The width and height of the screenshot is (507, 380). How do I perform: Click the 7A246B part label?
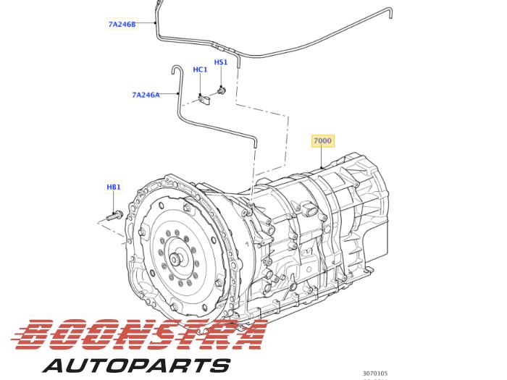tap(122, 24)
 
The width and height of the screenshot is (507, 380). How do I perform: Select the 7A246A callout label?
tap(146, 95)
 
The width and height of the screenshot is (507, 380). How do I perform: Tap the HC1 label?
tap(200, 69)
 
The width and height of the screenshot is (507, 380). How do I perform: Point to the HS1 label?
tap(221, 62)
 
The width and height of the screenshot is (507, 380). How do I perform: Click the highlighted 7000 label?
tap(322, 140)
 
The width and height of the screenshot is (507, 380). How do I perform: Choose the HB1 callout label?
tap(114, 187)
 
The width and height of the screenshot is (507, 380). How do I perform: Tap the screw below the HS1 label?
tap(221, 90)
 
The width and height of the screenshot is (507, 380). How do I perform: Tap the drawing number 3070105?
tap(375, 373)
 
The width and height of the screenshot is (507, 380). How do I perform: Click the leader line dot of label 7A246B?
tap(156, 23)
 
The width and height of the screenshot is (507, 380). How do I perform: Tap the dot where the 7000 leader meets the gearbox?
tap(322, 169)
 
